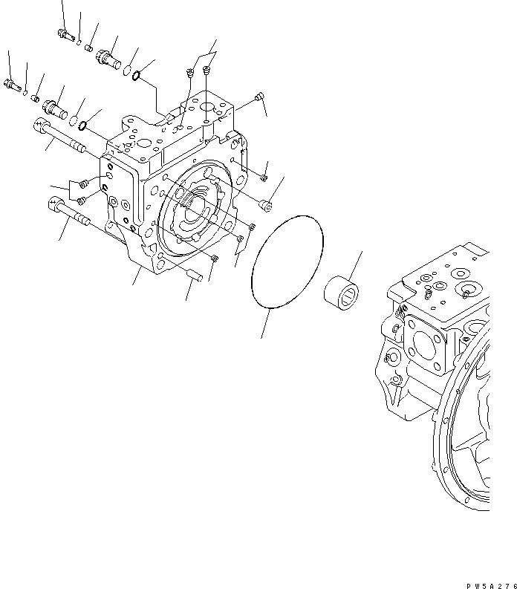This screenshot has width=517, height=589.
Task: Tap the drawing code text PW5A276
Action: click(x=492, y=585)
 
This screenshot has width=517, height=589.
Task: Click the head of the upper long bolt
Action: click(x=41, y=124)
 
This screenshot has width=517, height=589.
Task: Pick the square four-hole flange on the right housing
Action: click(x=425, y=342)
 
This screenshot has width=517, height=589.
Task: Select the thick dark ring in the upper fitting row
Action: click(x=137, y=76)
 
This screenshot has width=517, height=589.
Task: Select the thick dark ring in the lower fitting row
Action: click(x=83, y=126)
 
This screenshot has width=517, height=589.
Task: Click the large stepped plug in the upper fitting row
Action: click(x=108, y=58)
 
